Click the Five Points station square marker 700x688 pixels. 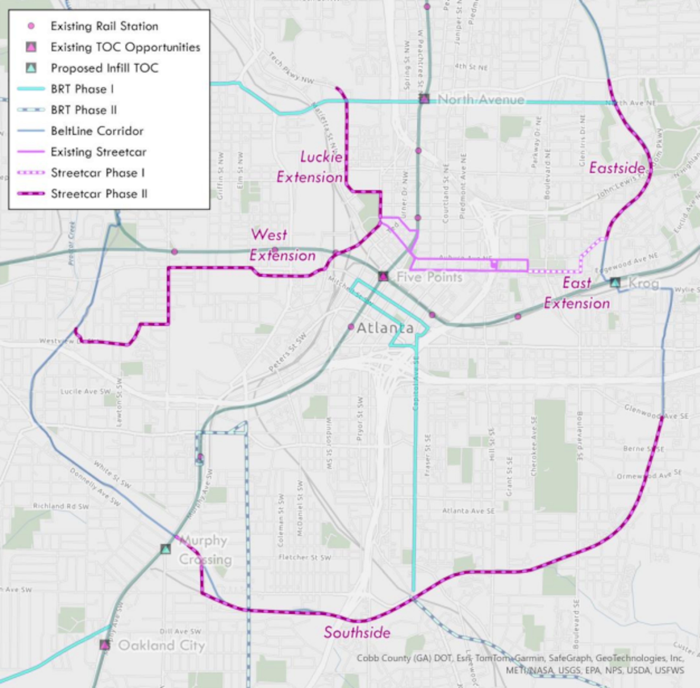click(x=383, y=277)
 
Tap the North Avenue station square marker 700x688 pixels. click(x=424, y=99)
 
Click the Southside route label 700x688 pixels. click(x=357, y=632)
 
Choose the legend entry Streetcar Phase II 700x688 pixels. click(x=99, y=194)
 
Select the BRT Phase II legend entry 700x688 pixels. click(x=84, y=110)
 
